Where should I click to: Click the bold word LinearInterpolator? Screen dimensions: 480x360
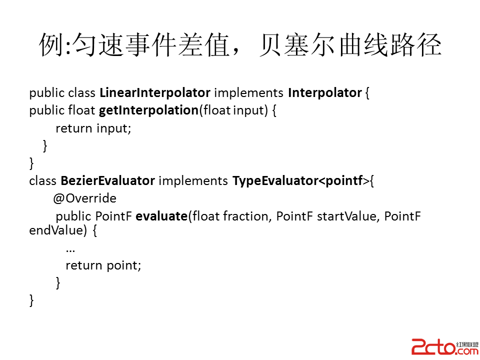tap(155, 93)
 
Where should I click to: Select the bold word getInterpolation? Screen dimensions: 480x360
tap(149, 110)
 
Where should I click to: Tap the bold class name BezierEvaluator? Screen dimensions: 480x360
tap(108, 180)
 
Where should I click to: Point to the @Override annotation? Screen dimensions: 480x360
tap(85, 198)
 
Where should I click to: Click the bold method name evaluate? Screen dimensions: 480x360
tap(161, 216)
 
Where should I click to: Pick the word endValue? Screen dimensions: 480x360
tap(56, 230)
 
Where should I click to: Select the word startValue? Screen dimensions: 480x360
tap(345, 216)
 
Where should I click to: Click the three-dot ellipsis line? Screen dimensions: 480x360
tap(70, 251)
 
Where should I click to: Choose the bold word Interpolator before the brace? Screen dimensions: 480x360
tap(325, 93)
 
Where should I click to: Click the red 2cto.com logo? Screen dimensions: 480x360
tap(445, 347)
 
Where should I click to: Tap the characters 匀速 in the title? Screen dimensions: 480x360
tap(98, 45)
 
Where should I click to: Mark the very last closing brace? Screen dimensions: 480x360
tap(31, 300)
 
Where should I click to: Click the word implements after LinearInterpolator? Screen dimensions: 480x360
tap(249, 93)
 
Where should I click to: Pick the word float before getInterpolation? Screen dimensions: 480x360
tap(81, 110)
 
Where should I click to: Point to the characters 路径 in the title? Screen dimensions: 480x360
tap(415, 45)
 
